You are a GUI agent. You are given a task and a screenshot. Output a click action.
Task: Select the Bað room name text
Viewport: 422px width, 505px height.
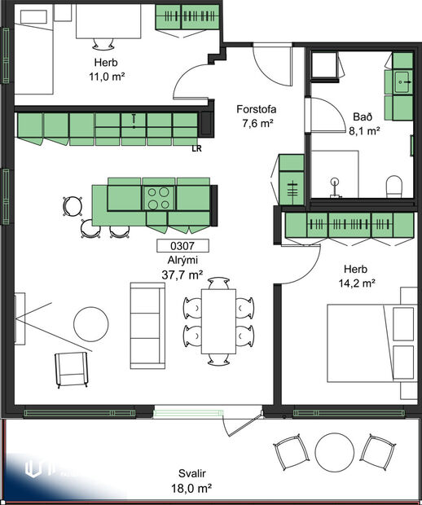coord(363,116)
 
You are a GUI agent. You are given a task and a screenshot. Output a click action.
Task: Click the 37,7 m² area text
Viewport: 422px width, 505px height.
coord(183,274)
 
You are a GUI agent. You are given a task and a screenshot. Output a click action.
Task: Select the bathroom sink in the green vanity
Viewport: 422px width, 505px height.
coord(402,81)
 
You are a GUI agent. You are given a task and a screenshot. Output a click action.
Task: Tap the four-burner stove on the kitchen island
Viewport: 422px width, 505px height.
coord(158,196)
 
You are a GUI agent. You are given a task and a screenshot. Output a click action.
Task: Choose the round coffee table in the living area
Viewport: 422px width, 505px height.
coord(91,323)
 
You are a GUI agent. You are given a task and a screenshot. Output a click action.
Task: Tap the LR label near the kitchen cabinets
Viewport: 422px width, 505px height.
coord(196,149)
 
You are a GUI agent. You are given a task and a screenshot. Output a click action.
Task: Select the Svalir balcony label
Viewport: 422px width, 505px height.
coord(193,473)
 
